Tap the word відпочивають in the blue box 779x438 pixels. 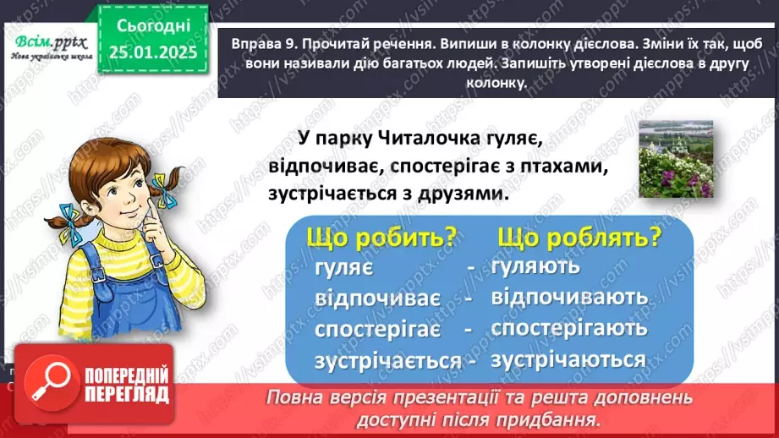point(569,297)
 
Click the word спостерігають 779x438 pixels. point(569,328)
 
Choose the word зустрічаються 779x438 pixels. point(568,359)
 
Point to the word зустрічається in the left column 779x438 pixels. point(387,361)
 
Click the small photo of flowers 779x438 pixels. point(675,158)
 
